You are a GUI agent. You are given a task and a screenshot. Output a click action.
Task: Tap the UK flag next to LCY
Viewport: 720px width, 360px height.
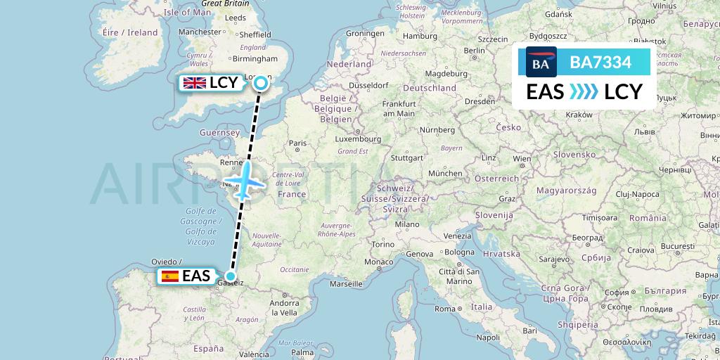194,83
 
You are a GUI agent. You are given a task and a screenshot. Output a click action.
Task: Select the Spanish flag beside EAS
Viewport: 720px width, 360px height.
169,276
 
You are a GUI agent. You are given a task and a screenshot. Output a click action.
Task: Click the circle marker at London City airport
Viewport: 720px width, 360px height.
261,84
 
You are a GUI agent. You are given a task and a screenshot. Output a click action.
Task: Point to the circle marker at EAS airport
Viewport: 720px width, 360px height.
231,276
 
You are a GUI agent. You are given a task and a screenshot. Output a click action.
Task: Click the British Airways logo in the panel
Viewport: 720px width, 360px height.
541,63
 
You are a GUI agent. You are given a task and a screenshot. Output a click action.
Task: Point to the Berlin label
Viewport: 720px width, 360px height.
475,50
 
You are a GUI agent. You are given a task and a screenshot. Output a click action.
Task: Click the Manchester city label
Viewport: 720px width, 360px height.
200,32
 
